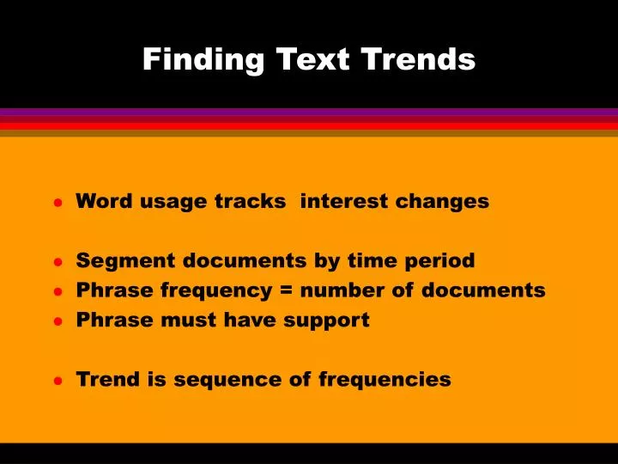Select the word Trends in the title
[418, 59]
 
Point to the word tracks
[250, 201]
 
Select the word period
[439, 261]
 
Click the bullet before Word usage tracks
[58, 204]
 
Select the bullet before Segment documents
[58, 262]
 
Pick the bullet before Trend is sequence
[58, 381]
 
